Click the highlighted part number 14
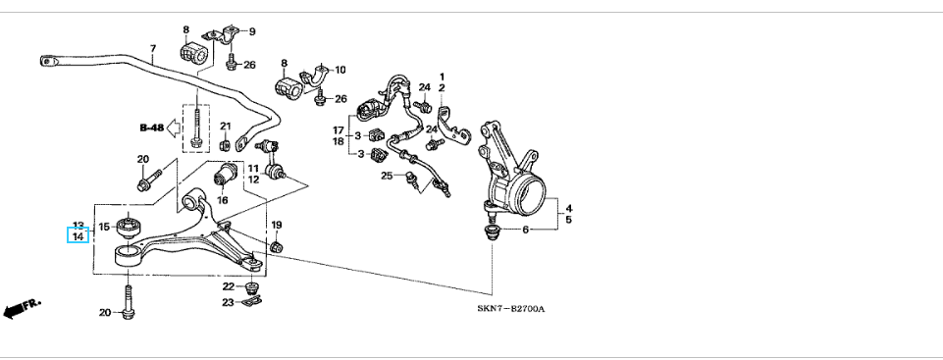79,236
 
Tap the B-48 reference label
151,128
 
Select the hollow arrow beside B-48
174,128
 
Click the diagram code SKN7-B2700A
511,308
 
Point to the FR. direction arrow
21,308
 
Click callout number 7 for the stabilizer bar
153,49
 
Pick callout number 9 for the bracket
251,31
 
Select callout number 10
341,70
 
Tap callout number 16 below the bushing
223,200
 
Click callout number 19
276,225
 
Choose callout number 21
225,127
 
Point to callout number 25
386,176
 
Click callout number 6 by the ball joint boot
525,230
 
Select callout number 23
228,303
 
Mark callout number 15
104,227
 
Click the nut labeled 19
277,247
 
